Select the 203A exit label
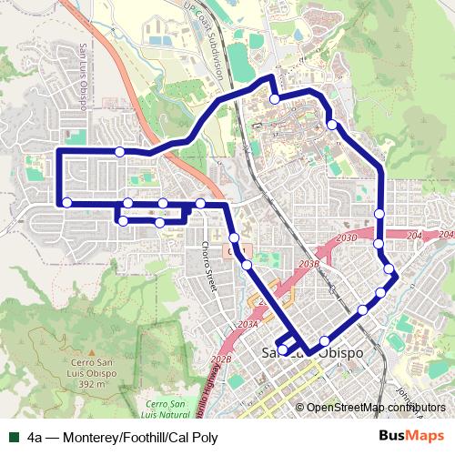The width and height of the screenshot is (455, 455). [x=248, y=323]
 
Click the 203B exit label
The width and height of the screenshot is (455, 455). [x=309, y=264]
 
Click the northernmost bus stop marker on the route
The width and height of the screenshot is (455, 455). [x=274, y=98]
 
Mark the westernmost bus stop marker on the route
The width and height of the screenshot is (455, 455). [x=66, y=201]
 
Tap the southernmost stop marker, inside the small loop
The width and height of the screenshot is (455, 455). [x=283, y=349]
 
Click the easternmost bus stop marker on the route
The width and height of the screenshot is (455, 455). [x=389, y=269]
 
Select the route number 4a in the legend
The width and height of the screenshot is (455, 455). [x=35, y=437]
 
